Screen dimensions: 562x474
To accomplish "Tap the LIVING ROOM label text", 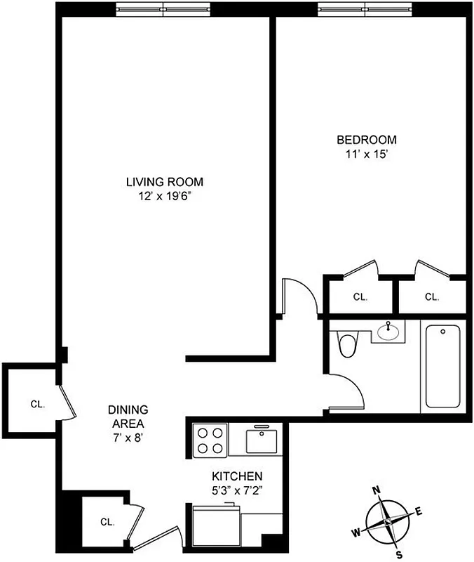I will (x=165, y=182).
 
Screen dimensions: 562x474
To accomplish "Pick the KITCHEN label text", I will (x=233, y=476).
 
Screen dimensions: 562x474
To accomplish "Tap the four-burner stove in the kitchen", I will (x=210, y=440).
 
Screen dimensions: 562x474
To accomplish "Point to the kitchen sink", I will (x=262, y=440).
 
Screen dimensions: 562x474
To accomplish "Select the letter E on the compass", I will (x=419, y=511).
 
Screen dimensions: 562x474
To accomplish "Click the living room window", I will (x=163, y=9).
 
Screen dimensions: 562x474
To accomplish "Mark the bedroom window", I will (x=365, y=9).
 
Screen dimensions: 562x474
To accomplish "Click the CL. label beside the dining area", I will (x=37, y=404).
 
